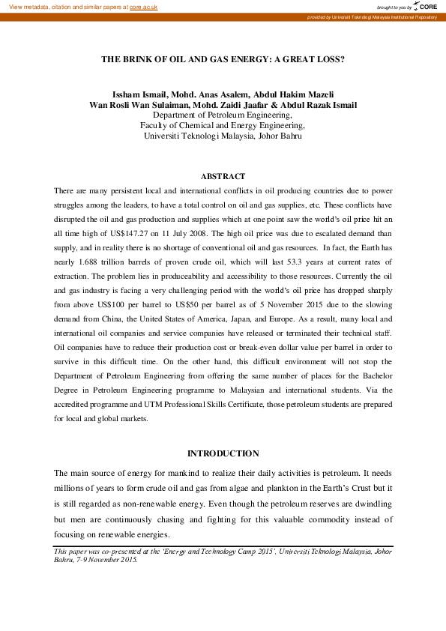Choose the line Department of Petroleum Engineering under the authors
pos(223,115)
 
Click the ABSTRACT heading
pos(223,176)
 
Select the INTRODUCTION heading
pos(223,453)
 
